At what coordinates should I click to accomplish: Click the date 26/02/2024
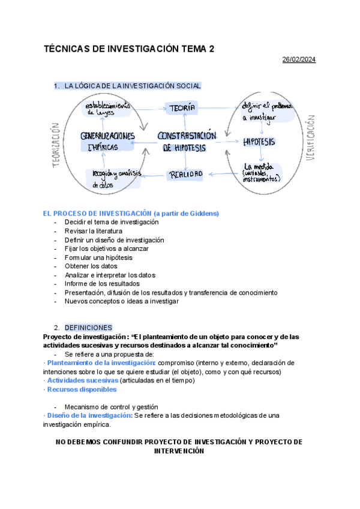(299, 59)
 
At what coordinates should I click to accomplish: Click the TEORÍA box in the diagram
(183, 108)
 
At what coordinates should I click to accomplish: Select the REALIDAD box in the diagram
(185, 175)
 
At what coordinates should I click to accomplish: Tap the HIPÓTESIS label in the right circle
(259, 142)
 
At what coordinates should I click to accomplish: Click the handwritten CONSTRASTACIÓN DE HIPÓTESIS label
(186, 142)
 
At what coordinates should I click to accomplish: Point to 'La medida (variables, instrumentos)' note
(262, 172)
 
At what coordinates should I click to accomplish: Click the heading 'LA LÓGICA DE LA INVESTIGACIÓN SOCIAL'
(133, 86)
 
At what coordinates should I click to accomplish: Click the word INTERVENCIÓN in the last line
(179, 451)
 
